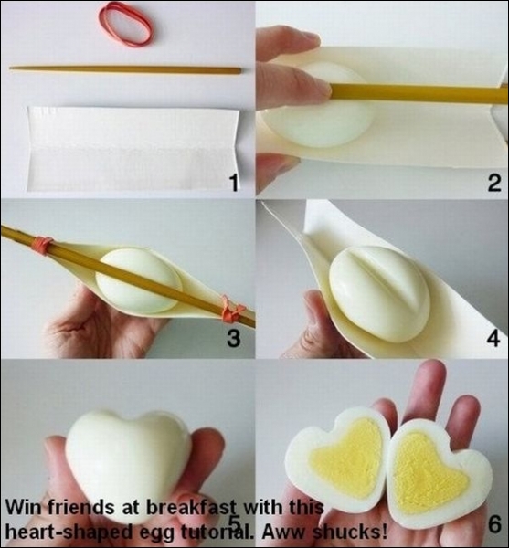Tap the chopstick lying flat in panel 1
pos(125,69)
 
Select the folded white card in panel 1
pos(133,149)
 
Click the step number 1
pos(234,184)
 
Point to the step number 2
pos(494,183)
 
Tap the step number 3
pos(234,338)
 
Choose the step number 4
pos(493,338)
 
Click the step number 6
pos(494,524)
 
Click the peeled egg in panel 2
pos(318,105)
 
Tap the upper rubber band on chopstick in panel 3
pos(43,244)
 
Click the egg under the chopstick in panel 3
pos(139,281)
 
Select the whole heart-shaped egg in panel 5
pos(128,465)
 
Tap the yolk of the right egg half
pos(429,470)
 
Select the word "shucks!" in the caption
pos(349,532)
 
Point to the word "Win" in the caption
pos(23,507)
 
